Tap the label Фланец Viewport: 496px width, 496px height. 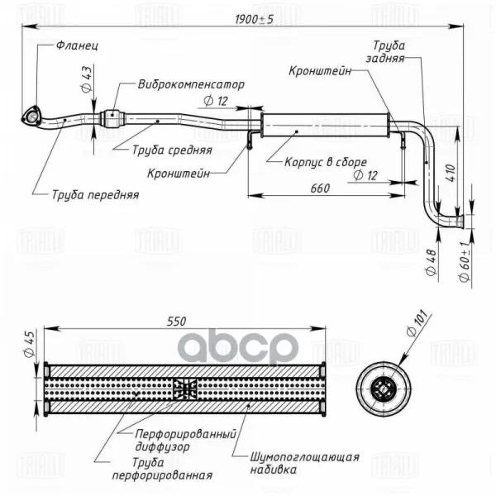pos(78,47)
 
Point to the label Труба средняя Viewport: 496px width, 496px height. pos(172,151)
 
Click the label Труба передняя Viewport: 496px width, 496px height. pos(94,195)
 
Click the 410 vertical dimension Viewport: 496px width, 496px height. pos(451,173)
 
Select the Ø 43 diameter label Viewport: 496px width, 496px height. pos(87,81)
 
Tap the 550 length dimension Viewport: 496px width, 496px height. pos(176,322)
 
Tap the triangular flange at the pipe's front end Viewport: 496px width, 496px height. pos(31,117)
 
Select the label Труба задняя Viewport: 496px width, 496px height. pos(389,53)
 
